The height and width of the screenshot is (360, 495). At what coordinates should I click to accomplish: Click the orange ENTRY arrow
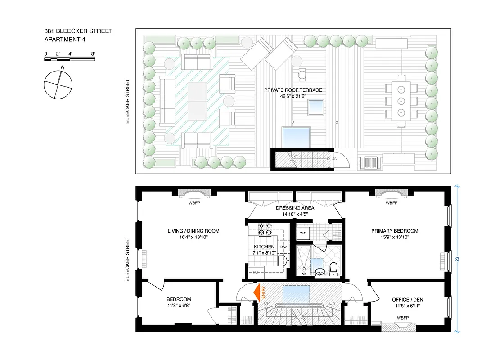click(259, 291)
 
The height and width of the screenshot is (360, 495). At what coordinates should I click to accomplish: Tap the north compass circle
click(58, 84)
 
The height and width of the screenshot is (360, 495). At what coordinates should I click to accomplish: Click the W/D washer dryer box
click(303, 233)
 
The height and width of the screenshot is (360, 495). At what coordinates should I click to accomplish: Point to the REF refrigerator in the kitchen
click(256, 272)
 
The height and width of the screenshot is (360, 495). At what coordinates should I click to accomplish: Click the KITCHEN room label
click(264, 247)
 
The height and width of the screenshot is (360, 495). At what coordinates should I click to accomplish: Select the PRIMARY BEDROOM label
click(394, 231)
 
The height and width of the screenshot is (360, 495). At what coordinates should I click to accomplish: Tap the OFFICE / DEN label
click(407, 299)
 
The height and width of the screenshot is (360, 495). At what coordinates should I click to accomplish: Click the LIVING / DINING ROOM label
click(193, 231)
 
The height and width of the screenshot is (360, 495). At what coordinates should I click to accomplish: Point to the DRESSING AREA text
click(295, 208)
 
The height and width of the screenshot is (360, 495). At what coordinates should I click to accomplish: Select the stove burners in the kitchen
click(264, 229)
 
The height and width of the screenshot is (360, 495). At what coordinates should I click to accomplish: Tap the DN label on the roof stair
click(334, 159)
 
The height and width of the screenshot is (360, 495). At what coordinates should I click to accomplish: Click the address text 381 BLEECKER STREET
click(78, 31)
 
